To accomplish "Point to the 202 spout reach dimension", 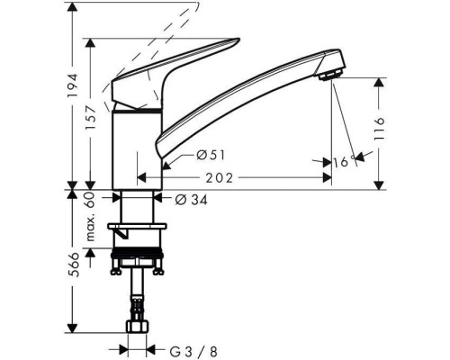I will (x=234, y=177).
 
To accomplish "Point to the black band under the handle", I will (x=138, y=108).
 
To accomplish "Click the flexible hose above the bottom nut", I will (x=137, y=301).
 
